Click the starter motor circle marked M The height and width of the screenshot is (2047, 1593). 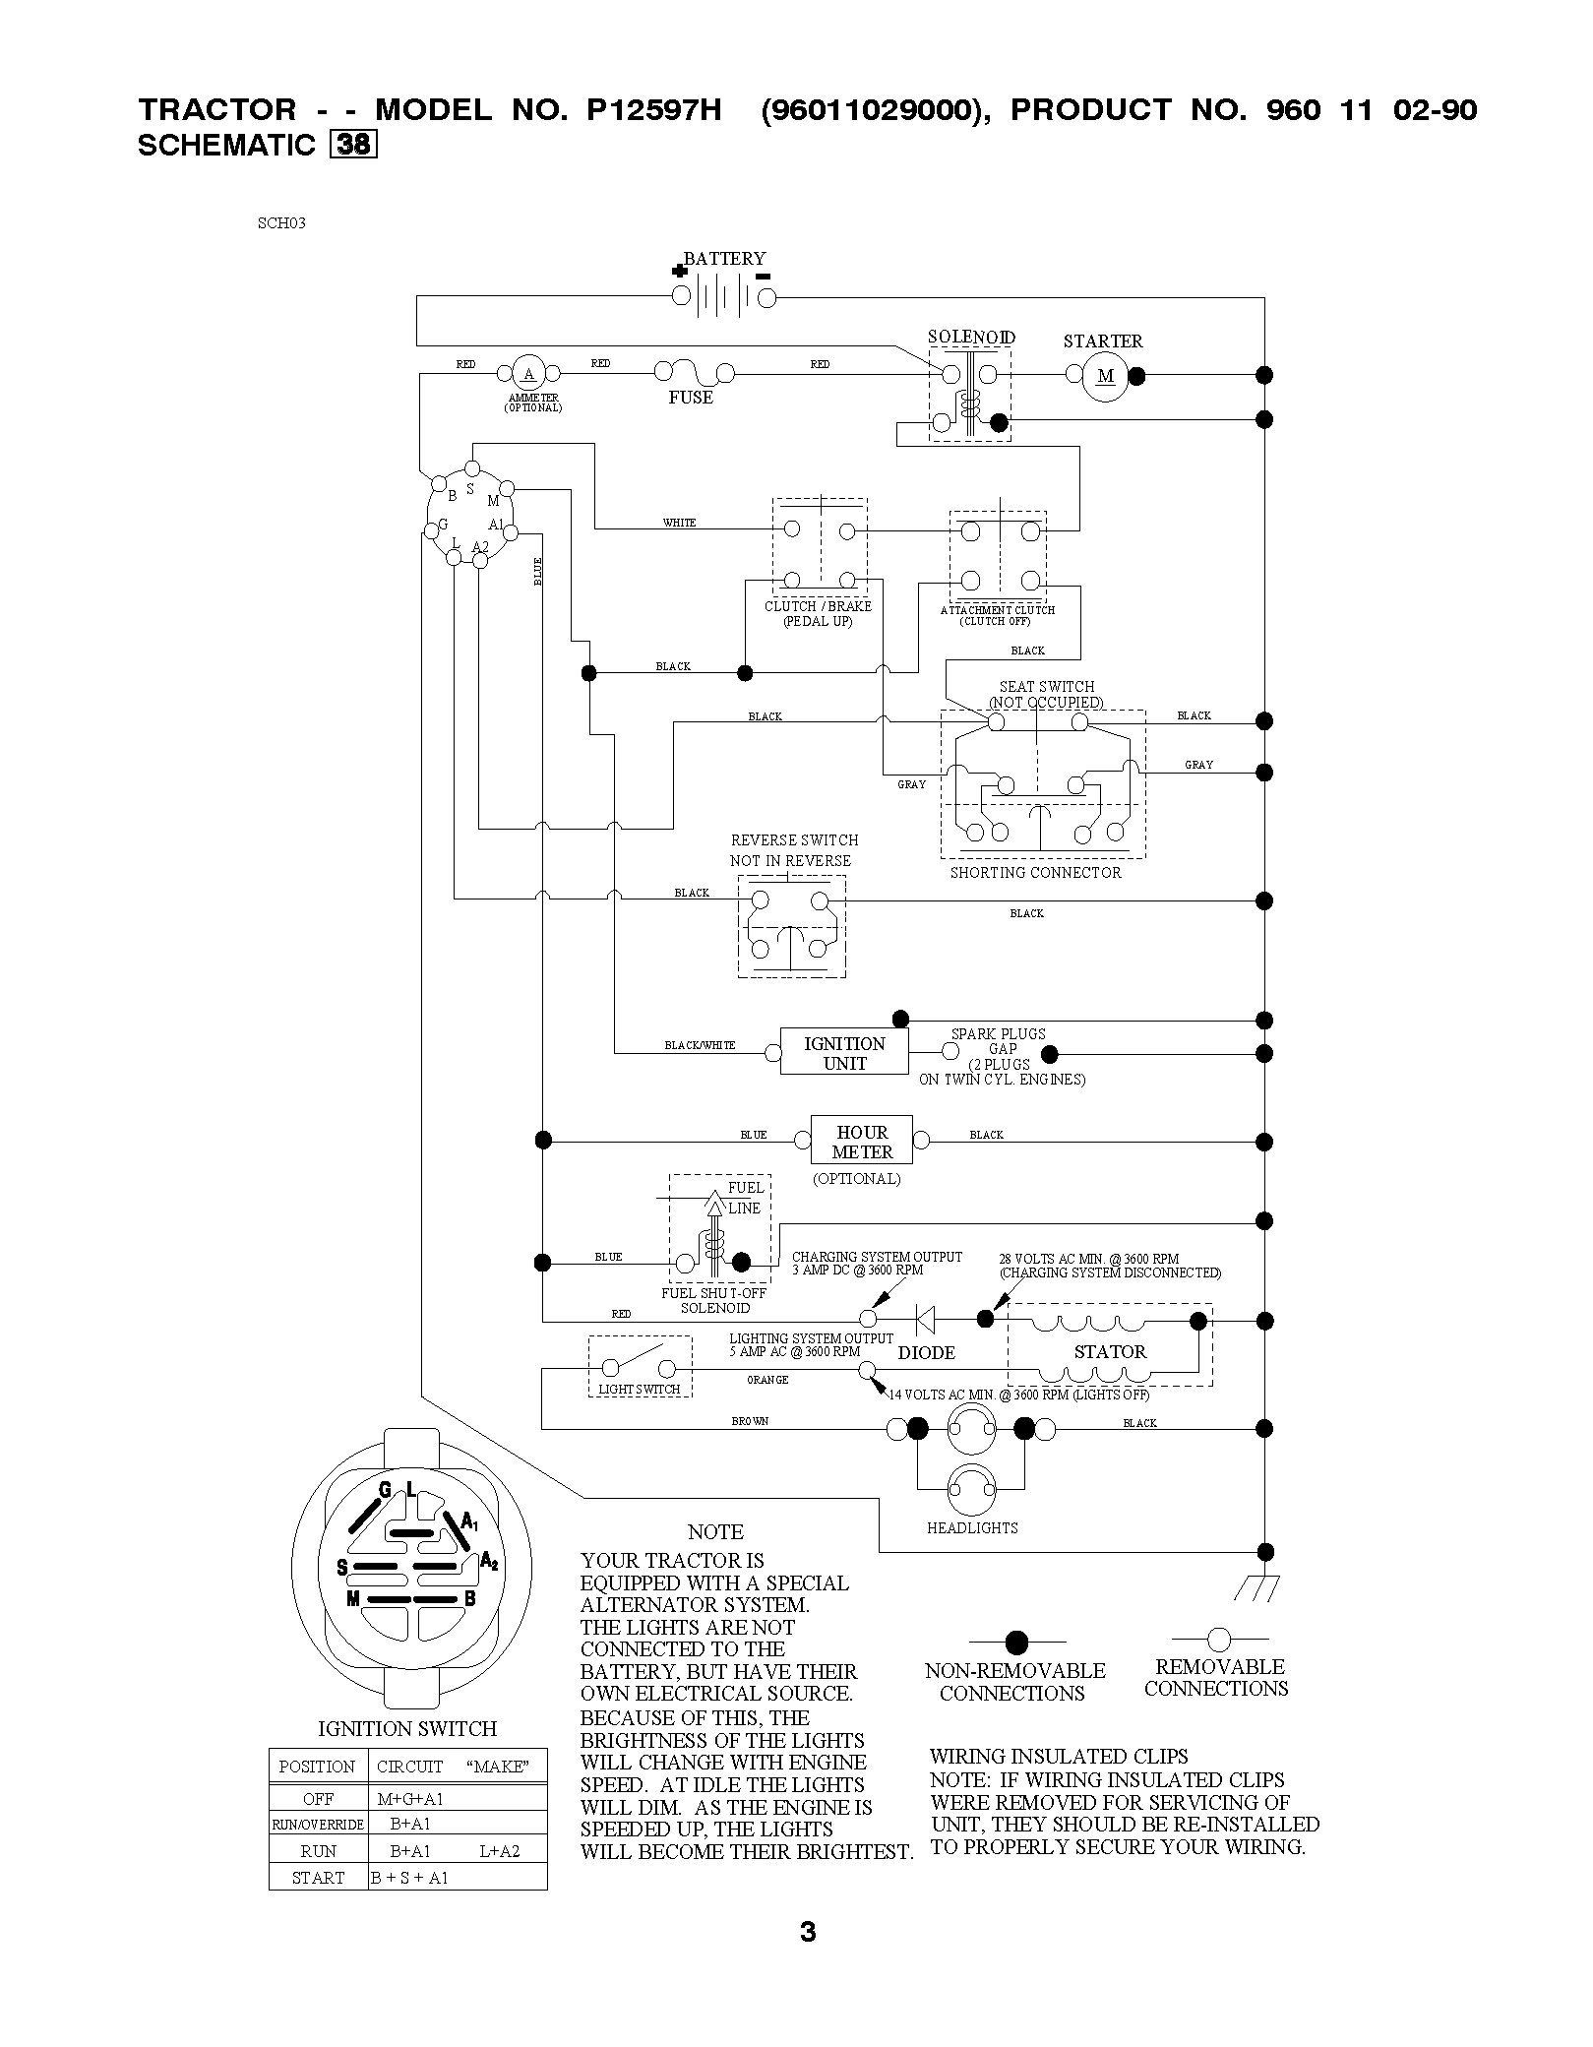1106,375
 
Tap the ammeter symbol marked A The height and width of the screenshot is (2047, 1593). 528,373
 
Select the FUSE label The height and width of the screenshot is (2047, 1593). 691,398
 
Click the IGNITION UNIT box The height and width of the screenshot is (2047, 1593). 844,1052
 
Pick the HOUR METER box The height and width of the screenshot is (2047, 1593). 862,1141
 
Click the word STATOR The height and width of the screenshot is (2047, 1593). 1111,1351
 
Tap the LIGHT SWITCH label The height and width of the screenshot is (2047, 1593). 640,1390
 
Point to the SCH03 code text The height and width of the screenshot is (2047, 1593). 281,222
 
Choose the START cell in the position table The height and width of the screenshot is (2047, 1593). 318,1877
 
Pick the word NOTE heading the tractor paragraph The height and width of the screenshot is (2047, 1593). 715,1532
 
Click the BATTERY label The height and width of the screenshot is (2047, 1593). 724,259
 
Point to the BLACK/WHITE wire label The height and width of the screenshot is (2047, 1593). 700,1045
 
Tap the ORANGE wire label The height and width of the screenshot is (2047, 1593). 767,1380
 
